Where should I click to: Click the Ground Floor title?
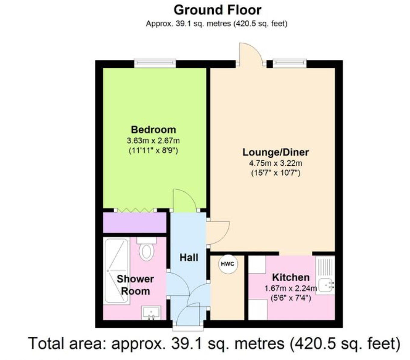coord(217,10)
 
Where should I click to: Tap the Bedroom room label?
coord(153,130)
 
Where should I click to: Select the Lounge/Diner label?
coord(275,152)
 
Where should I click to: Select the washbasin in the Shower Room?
coord(151,313)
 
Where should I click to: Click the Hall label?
coord(189,257)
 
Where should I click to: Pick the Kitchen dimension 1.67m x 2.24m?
coord(291,289)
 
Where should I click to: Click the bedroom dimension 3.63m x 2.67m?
coord(153,141)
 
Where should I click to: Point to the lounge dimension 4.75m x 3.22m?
coord(275,163)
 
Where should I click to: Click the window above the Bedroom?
coord(155,63)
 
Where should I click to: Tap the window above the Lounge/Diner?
coord(289,63)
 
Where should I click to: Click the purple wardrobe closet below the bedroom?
coord(134,222)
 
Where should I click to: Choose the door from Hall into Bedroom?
coord(184,201)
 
